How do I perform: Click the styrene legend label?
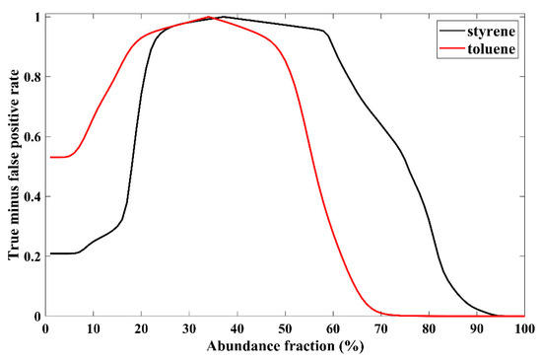(495, 31)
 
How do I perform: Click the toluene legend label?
(495, 46)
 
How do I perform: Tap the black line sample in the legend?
(453, 31)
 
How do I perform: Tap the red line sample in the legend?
(453, 46)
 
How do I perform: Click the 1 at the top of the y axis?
(36, 17)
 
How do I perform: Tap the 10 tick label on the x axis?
(94, 327)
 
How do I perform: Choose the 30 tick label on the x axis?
(189, 327)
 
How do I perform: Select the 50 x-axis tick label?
(285, 327)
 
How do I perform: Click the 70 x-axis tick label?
(380, 327)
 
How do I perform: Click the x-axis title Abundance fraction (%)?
(285, 345)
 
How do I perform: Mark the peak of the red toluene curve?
(209, 17)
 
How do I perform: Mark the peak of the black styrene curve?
(223, 17)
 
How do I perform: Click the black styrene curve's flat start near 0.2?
(61, 253)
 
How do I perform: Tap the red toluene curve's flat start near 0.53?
(59, 157)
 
